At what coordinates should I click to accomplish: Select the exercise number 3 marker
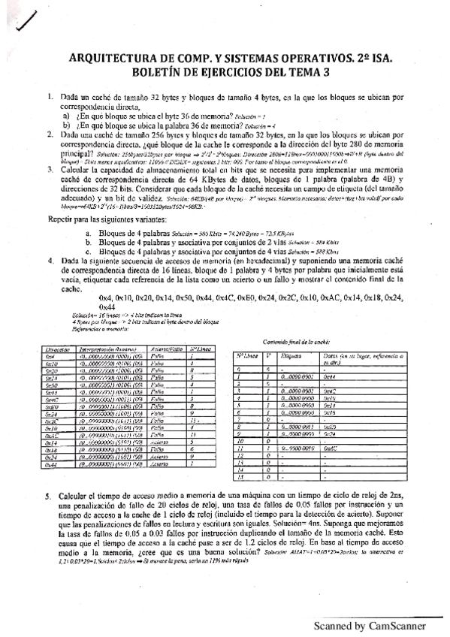click(48, 171)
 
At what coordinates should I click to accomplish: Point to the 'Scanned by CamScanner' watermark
click(370, 626)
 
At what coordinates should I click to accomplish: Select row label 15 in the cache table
click(241, 478)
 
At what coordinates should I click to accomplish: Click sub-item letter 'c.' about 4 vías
click(89, 251)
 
